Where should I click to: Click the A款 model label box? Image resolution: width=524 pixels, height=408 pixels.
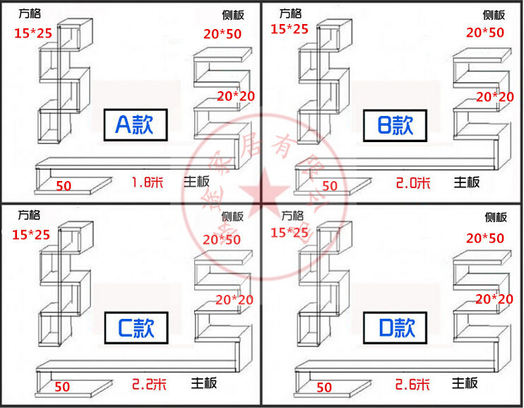pos(134,125)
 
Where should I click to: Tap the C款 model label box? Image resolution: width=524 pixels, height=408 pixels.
pos(134,327)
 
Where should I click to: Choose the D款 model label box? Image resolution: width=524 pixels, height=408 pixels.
pos(395,327)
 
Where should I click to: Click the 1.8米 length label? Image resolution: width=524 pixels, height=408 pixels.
pos(147,182)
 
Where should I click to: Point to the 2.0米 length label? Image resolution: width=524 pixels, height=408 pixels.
pos(413,183)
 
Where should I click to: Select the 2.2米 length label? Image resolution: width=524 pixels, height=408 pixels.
pos(150,385)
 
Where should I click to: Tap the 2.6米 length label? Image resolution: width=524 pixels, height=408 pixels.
pos(413,385)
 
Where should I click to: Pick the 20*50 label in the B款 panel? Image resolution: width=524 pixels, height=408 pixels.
pos(485,32)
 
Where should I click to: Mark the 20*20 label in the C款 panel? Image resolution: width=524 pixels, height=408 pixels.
pos(234,300)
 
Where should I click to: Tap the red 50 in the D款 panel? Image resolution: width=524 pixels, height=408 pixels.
pos(324,387)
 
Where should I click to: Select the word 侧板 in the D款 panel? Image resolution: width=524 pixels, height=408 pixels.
pos(495,217)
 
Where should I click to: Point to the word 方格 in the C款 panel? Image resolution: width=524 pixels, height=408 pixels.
pos(29,215)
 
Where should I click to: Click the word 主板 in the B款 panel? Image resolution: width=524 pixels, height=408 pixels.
pos(466,182)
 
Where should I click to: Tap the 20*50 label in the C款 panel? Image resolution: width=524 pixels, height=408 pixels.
pos(222,240)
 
